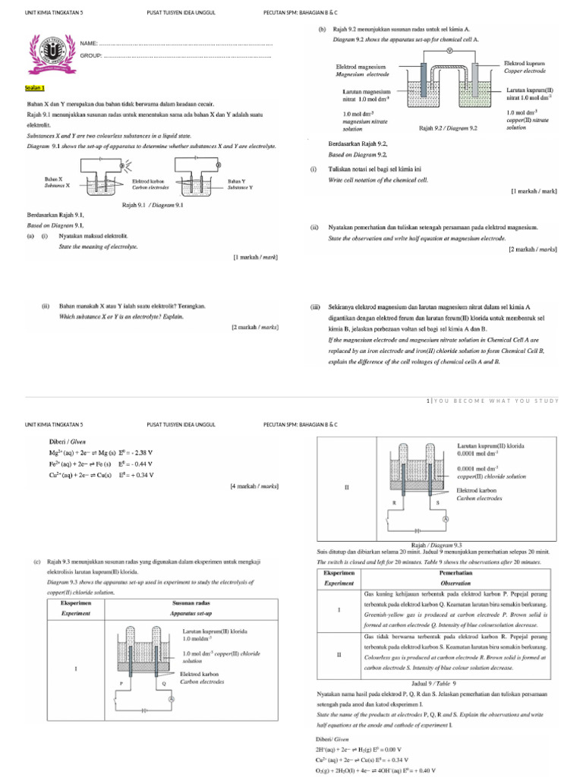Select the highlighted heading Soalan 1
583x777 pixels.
(35, 89)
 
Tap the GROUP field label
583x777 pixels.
(91, 56)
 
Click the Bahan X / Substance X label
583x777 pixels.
(55, 183)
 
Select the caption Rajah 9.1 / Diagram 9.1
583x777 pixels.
(152, 204)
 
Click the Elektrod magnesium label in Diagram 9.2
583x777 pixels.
(361, 71)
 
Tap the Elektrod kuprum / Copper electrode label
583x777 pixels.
(525, 67)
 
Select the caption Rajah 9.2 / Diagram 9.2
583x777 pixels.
(448, 128)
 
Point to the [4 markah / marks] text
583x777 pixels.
(254, 485)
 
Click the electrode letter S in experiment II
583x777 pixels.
(437, 503)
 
